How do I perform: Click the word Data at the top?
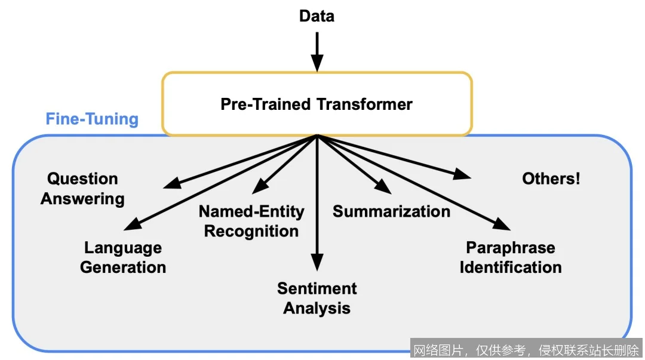point(317,16)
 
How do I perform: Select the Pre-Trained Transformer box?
point(317,104)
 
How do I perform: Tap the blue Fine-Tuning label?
point(92,119)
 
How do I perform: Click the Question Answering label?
point(82,189)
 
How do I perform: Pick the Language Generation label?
point(123,257)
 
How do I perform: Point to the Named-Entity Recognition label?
point(251,221)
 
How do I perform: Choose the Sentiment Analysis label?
point(317,299)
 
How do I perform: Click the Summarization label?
point(391,211)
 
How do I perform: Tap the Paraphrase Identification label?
point(511,257)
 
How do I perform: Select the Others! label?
point(551,179)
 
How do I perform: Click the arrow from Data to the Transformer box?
point(317,51)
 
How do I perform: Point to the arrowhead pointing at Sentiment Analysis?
point(317,263)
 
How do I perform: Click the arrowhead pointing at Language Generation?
point(132,224)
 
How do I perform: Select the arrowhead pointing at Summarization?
point(383,188)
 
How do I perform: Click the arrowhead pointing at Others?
point(462,174)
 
